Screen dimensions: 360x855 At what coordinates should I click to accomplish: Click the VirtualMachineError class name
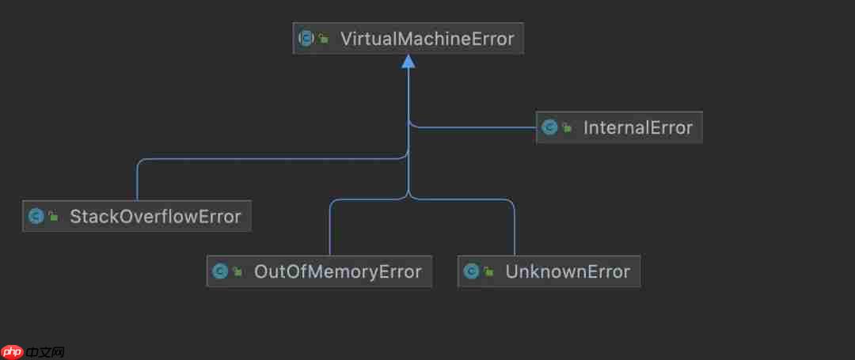tap(427, 38)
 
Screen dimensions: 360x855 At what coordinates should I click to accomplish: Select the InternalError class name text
tap(637, 127)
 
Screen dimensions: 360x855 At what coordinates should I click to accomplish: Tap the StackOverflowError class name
tap(155, 216)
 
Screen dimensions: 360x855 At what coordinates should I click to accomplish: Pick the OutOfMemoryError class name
tap(337, 272)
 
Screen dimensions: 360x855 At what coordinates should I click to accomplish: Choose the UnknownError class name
tap(568, 272)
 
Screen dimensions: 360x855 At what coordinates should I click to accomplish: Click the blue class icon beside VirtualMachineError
tap(306, 38)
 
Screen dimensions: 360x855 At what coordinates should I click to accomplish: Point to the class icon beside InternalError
tap(549, 127)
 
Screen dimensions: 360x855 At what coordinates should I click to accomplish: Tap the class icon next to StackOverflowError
tap(36, 216)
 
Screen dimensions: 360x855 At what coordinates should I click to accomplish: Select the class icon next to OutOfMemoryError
tap(219, 272)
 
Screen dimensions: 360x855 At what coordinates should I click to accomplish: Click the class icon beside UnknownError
tap(471, 272)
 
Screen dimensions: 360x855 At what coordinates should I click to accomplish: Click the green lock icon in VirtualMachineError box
tap(324, 39)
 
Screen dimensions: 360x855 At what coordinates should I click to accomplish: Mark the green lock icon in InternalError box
tap(567, 128)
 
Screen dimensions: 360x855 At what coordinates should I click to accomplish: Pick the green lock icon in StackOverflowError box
tap(53, 217)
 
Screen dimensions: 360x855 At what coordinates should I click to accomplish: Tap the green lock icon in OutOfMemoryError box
tap(237, 273)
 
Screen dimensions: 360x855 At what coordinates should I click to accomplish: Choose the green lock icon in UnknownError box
tap(488, 273)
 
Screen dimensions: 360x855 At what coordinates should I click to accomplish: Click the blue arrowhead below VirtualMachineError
tap(408, 61)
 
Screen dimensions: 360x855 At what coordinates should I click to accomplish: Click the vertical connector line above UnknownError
tap(515, 229)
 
